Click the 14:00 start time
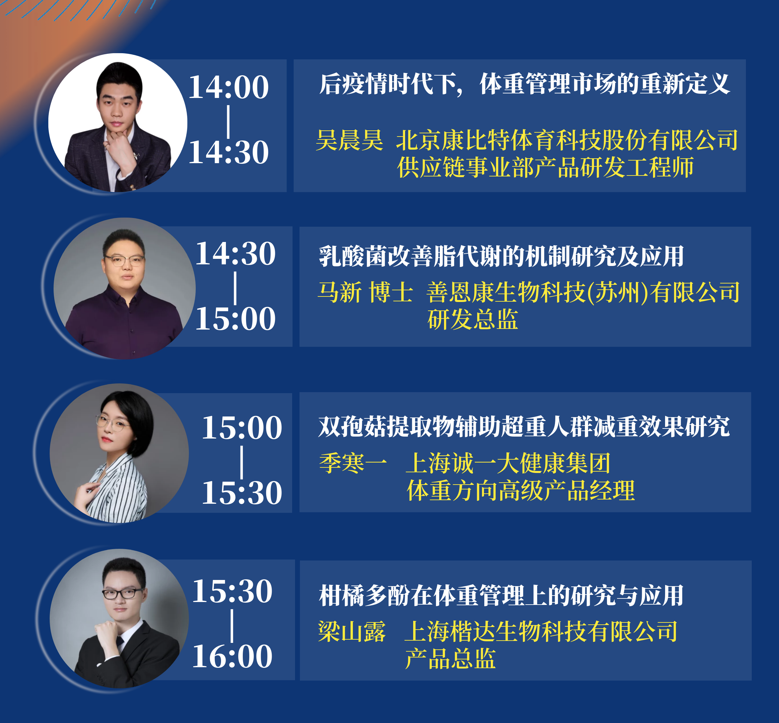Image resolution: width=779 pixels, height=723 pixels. tap(229, 87)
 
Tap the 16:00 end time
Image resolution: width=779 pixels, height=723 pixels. tap(232, 656)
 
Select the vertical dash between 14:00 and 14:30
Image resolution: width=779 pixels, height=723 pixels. tap(228, 121)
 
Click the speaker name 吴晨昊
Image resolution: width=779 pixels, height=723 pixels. tap(349, 140)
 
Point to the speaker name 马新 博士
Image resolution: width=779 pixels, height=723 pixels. tap(365, 292)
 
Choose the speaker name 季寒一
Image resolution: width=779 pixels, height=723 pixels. tap(353, 463)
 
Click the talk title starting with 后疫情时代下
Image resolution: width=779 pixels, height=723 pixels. tap(525, 84)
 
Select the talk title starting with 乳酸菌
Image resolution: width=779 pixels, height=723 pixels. tap(501, 256)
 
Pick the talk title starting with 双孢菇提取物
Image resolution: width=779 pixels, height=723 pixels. tap(524, 426)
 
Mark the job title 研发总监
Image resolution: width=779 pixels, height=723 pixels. tap(473, 319)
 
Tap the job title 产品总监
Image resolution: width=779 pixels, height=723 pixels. tap(450, 658)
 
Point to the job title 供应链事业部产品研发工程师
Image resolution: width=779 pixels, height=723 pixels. tap(545, 167)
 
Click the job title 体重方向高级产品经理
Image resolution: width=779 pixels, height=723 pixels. tap(521, 490)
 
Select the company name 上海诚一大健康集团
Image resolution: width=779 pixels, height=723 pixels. tap(508, 463)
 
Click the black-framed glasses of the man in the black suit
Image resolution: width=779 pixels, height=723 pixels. tap(122, 594)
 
